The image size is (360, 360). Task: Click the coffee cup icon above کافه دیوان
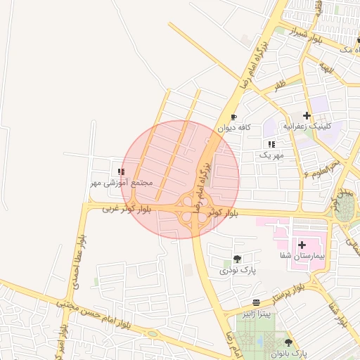[x=234, y=117]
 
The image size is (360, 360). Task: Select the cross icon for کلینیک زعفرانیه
[x=307, y=115]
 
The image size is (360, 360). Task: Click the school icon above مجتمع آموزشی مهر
[x=122, y=171]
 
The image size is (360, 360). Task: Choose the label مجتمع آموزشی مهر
[x=118, y=183]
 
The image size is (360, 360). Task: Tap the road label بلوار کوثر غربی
[x=127, y=209]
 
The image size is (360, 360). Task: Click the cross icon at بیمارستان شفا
[x=302, y=245]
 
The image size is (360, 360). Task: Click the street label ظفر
[x=280, y=87]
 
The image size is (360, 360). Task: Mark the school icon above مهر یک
[x=271, y=143]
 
